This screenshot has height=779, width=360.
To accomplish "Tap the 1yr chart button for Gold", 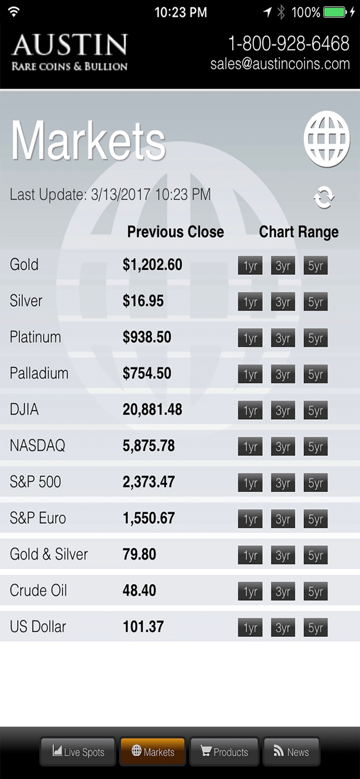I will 250,266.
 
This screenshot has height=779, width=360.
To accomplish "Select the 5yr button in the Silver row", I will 315,302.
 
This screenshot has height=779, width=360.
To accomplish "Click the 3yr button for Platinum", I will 283,338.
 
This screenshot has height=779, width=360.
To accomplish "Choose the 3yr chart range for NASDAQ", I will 283,447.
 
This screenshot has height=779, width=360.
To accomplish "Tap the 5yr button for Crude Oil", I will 315,592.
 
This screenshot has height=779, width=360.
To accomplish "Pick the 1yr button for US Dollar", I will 250,628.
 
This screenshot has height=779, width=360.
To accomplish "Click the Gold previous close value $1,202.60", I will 152,265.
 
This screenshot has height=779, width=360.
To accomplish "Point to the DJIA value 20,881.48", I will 152,410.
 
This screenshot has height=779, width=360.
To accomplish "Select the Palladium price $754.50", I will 146,373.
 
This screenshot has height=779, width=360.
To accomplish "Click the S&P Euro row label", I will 38,518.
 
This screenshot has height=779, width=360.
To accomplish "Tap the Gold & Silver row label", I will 49,554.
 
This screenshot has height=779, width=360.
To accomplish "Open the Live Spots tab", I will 78,751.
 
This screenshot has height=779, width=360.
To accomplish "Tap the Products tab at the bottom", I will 224,751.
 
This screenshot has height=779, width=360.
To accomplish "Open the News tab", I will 291,751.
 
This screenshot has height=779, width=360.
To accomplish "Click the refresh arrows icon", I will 324,197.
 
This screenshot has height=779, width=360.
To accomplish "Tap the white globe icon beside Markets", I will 327,139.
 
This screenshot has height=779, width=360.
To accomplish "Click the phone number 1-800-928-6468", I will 288,44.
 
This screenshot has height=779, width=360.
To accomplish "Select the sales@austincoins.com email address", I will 280,64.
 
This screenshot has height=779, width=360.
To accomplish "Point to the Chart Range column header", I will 299,232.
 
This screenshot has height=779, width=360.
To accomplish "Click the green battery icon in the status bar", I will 335,12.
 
